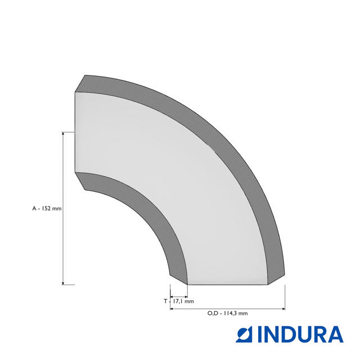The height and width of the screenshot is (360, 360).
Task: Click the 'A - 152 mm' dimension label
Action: (x=47, y=209)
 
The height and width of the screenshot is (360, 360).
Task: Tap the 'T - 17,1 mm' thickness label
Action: (x=179, y=301)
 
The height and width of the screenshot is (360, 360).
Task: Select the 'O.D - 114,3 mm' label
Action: (x=227, y=313)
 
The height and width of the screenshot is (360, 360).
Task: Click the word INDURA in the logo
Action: (x=301, y=334)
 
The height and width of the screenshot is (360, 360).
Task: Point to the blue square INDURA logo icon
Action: (x=244, y=334)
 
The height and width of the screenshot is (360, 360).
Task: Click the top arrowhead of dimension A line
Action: (x=63, y=134)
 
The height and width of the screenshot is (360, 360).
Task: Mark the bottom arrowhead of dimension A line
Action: (x=63, y=283)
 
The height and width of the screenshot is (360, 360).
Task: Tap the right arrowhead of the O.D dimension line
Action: (x=283, y=309)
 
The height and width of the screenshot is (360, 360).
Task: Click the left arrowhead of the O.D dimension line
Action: (x=172, y=309)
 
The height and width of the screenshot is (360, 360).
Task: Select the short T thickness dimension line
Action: (x=179, y=297)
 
